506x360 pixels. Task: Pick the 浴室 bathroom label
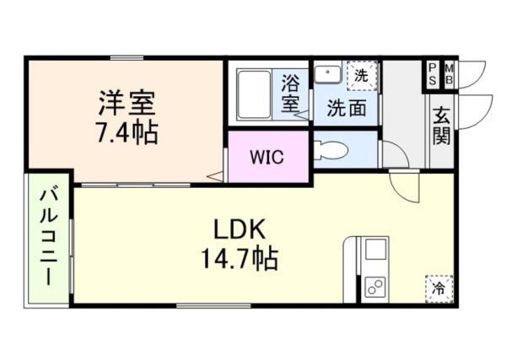pyautogui.click(x=290, y=94)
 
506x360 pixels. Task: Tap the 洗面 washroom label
pyautogui.click(x=345, y=109)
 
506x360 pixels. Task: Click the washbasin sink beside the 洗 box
pyautogui.click(x=327, y=74)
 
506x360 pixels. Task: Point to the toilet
pyautogui.click(x=331, y=151)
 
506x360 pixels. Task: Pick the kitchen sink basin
pyautogui.click(x=374, y=250)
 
